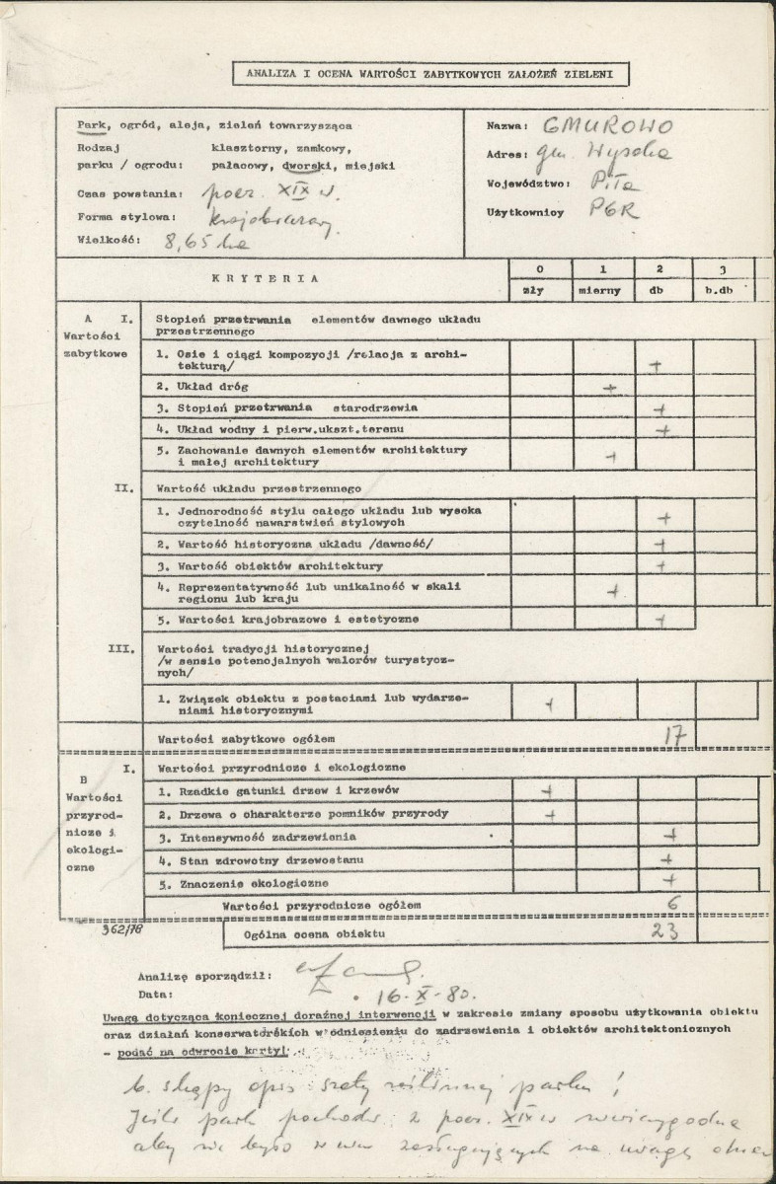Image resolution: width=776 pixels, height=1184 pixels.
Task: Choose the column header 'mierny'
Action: tap(603, 291)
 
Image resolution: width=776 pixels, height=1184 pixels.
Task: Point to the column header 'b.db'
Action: tap(725, 291)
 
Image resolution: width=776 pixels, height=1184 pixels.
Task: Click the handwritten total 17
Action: tap(674, 735)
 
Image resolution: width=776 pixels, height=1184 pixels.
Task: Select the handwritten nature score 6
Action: tap(673, 902)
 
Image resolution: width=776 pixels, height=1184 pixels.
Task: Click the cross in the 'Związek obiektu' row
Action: tap(549, 703)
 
